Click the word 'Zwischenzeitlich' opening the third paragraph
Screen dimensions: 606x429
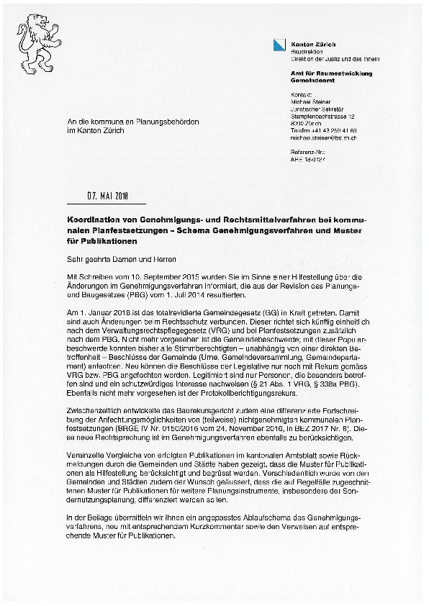(87, 405)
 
